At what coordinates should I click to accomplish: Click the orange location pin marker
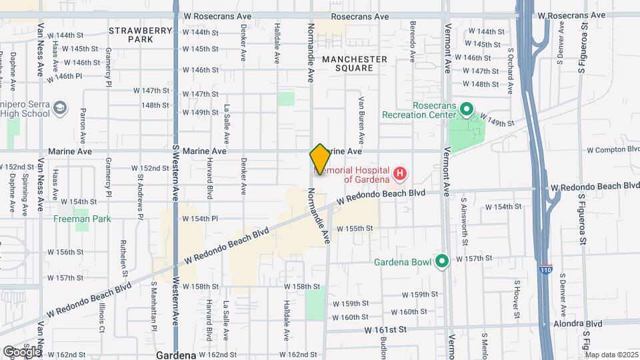320,159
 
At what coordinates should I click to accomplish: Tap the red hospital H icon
399,175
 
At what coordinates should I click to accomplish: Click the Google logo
21,352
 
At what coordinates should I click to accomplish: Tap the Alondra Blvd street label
578,323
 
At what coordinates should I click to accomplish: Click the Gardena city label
176,355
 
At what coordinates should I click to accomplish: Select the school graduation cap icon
61,107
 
